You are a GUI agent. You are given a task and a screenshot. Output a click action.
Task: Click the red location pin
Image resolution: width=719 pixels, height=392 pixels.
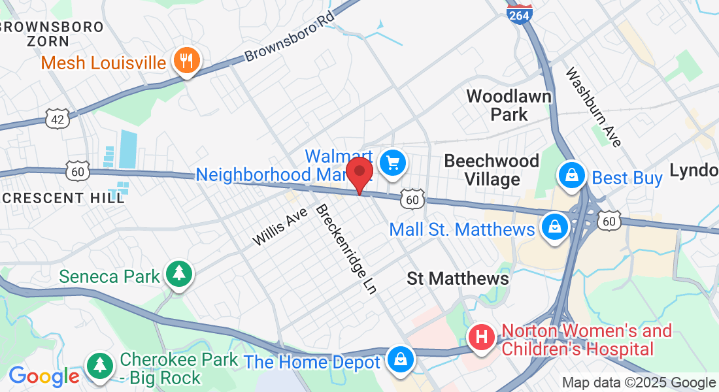click(359, 172)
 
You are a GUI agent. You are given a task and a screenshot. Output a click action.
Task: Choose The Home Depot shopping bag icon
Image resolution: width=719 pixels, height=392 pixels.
click(398, 359)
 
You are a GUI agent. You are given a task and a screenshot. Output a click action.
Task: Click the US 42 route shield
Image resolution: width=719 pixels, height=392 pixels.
click(58, 118)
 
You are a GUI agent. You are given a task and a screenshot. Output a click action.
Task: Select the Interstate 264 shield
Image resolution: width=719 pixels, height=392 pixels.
click(520, 13)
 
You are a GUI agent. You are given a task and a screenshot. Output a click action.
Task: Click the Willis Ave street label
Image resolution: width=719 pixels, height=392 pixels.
click(280, 227)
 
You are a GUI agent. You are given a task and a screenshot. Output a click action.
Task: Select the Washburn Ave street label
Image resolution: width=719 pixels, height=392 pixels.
click(594, 107)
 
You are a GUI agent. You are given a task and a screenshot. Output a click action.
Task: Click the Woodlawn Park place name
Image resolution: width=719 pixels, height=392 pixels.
click(509, 105)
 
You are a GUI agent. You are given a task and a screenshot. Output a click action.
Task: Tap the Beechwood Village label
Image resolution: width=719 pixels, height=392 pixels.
click(492, 170)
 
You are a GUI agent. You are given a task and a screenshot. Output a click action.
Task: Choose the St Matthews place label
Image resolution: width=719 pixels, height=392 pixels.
click(458, 278)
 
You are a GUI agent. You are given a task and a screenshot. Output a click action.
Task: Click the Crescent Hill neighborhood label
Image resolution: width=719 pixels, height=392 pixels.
click(62, 198)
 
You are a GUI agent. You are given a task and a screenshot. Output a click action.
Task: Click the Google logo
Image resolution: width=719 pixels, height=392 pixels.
click(44, 376)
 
